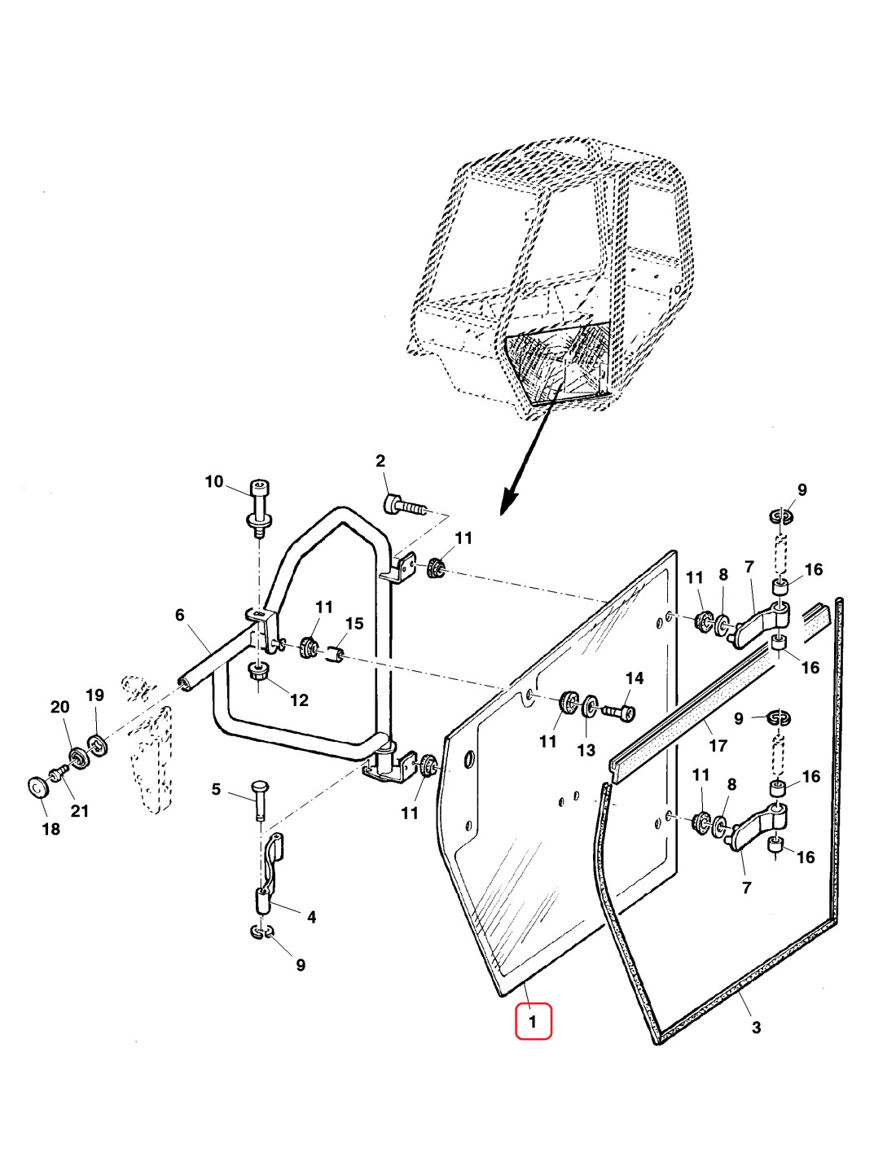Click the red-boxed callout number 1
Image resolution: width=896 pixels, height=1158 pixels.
(x=533, y=1021)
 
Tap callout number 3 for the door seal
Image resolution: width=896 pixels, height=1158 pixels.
(x=756, y=1028)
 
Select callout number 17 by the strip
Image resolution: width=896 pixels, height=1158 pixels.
(x=718, y=745)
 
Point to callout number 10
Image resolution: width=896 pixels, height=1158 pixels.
(x=213, y=481)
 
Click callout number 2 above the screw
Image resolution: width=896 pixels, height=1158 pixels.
(x=380, y=461)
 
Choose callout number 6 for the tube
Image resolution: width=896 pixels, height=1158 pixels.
(x=180, y=615)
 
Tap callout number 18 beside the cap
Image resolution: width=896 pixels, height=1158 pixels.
(x=51, y=829)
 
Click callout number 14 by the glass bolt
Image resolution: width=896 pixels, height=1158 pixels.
(x=635, y=678)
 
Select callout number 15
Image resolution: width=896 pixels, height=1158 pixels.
(x=354, y=624)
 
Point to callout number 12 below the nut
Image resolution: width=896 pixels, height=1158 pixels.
(x=299, y=700)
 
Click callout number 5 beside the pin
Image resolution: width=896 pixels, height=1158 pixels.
(x=216, y=789)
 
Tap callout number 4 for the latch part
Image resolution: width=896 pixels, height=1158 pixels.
(x=311, y=917)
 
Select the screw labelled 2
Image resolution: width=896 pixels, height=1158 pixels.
(x=404, y=506)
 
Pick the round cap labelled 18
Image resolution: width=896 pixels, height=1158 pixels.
(x=37, y=787)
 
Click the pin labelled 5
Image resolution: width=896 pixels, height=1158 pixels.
(x=258, y=798)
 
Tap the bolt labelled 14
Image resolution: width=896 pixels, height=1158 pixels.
(x=618, y=713)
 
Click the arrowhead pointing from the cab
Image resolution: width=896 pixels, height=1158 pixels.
(x=508, y=502)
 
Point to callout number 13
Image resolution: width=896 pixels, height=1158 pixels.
(x=586, y=750)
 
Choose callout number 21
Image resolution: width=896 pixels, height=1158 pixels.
(x=79, y=811)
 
